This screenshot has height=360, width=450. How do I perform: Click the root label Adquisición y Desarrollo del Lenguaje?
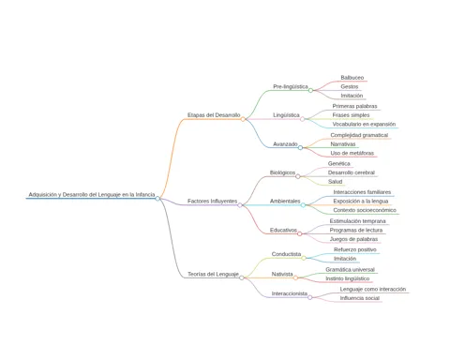point(92,194)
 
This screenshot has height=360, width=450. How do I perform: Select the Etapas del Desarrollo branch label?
point(214,115)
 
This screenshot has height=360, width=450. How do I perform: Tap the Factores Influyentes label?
point(212,201)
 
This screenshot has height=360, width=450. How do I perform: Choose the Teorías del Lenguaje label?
point(213,274)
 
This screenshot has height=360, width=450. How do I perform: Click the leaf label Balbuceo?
point(352,78)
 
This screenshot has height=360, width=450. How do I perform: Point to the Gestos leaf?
point(350,86)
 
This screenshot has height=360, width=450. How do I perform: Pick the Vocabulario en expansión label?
point(364,124)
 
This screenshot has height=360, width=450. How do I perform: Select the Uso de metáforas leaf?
point(352,153)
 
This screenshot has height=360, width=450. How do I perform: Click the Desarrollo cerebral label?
point(352,172)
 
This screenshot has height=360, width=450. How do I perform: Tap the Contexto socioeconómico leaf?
point(365,210)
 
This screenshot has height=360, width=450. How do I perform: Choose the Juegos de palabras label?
point(353,239)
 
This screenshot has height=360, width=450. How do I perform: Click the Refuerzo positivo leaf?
point(355,249)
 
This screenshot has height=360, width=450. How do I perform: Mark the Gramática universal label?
point(350,269)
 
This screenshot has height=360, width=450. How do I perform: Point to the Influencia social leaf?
point(360,298)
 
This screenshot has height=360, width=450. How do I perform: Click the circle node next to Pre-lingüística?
point(310,90)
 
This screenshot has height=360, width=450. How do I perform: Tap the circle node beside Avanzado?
point(300,147)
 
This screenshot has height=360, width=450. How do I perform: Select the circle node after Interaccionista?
point(310,297)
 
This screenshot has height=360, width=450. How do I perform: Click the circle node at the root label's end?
point(157,199)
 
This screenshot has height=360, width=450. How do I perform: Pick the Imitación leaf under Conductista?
point(345,259)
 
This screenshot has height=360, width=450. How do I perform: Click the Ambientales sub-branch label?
point(285,201)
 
